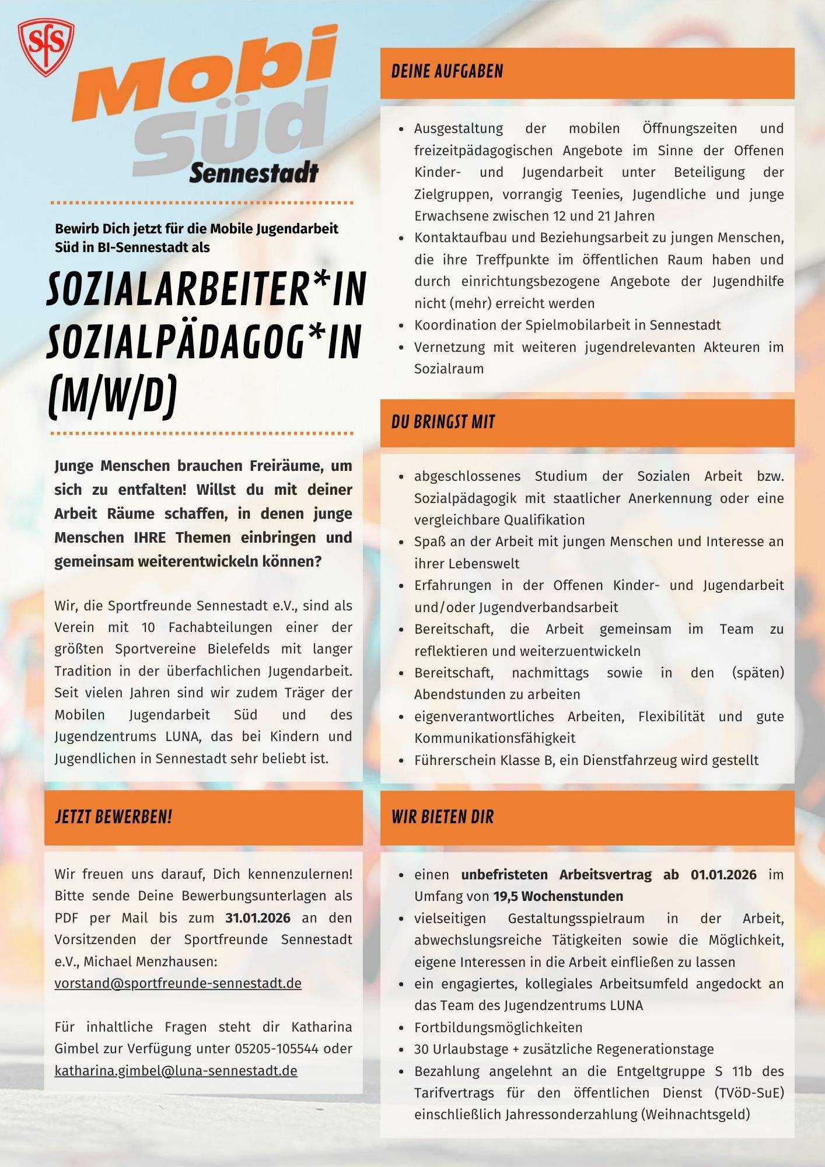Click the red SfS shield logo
pyautogui.click(x=46, y=47)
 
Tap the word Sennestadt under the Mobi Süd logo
pyautogui.click(x=254, y=173)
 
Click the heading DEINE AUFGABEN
pyautogui.click(x=447, y=72)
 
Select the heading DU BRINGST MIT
pyautogui.click(x=443, y=422)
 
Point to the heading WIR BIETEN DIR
pyautogui.click(x=442, y=817)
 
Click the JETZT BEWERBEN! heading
pyautogui.click(x=114, y=817)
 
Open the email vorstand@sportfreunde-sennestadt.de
pyautogui.click(x=178, y=983)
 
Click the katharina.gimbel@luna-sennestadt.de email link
pyautogui.click(x=176, y=1071)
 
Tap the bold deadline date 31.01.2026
pyautogui.click(x=258, y=918)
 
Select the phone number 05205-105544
pyautogui.click(x=277, y=1049)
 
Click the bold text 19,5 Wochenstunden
pyautogui.click(x=558, y=896)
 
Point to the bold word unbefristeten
pyautogui.click(x=504, y=875)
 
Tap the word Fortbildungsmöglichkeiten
pyautogui.click(x=498, y=1028)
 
